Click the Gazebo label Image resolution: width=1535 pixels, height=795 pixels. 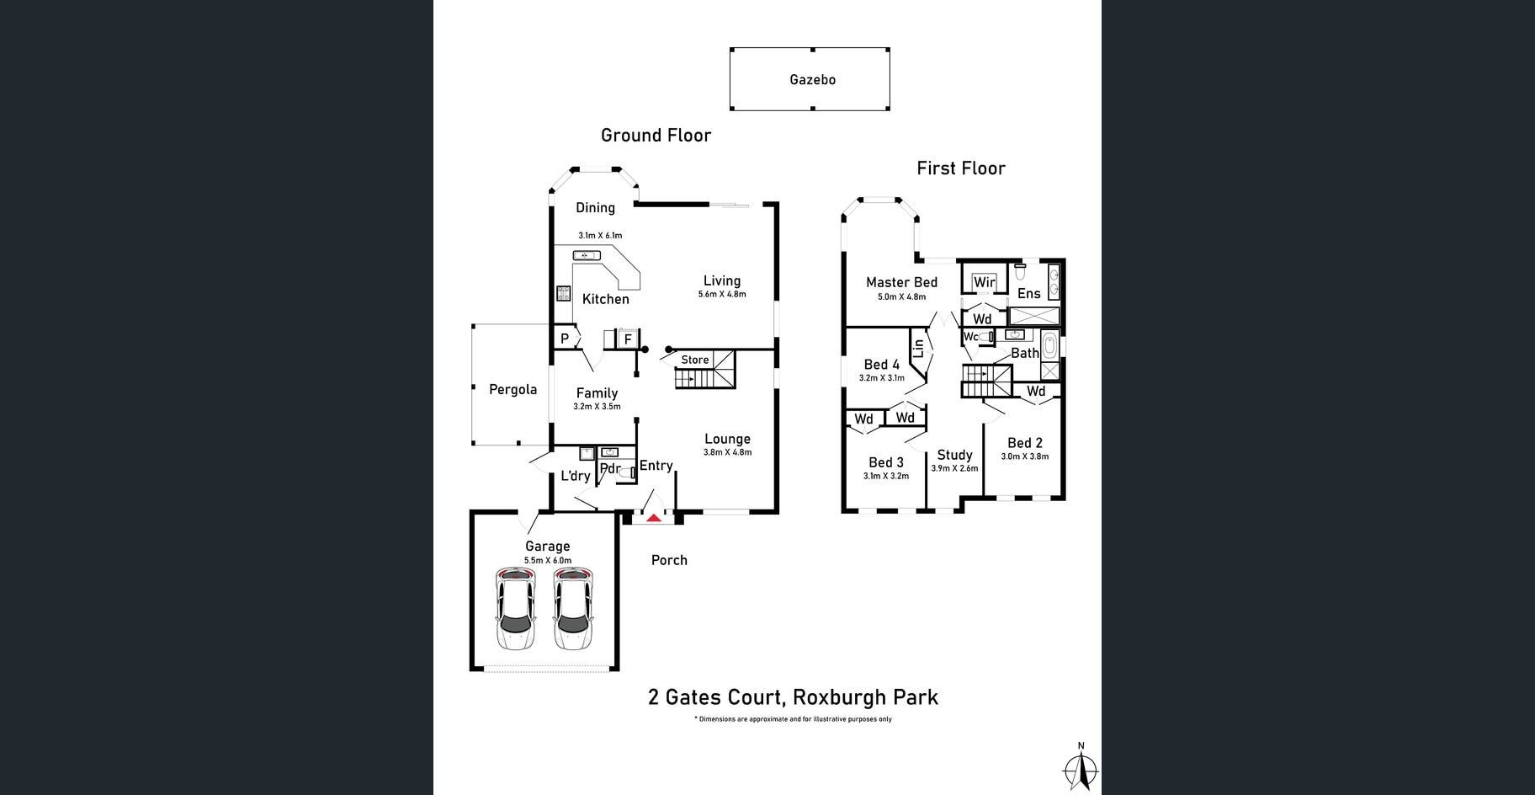[812, 80]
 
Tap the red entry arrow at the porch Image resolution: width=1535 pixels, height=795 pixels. [653, 517]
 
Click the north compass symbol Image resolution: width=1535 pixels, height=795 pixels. [1081, 768]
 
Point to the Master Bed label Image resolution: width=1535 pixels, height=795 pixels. [901, 283]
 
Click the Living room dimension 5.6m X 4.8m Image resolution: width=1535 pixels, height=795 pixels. [722, 295]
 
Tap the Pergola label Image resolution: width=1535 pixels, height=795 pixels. [513, 389]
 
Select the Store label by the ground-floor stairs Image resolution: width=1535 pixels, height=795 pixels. [695, 360]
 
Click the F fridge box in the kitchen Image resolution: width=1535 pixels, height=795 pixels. [627, 339]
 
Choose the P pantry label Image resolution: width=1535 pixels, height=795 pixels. [565, 339]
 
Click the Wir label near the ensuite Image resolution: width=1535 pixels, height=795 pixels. [985, 282]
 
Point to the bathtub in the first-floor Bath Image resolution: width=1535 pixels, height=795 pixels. [1050, 345]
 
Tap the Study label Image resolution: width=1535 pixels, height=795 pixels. [954, 455]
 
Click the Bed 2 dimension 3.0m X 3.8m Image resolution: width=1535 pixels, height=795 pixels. [1024, 456]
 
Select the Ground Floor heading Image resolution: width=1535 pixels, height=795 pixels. [656, 135]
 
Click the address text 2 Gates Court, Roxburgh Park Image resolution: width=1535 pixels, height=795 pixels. [793, 697]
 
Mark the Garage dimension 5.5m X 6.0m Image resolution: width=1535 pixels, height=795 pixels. [548, 560]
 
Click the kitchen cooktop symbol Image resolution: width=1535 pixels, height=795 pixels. [563, 293]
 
